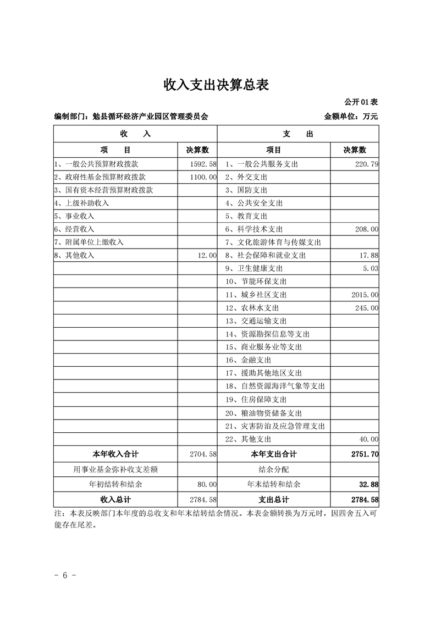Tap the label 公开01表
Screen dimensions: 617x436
[362, 102]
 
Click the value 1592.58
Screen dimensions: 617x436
[202, 164]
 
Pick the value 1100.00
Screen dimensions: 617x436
[202, 177]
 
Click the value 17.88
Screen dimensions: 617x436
[368, 256]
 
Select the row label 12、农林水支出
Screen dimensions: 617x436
[251, 308]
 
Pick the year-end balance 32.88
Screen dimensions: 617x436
[368, 484]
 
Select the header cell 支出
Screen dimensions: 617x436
[298, 134]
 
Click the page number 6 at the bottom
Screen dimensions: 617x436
[65, 575]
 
